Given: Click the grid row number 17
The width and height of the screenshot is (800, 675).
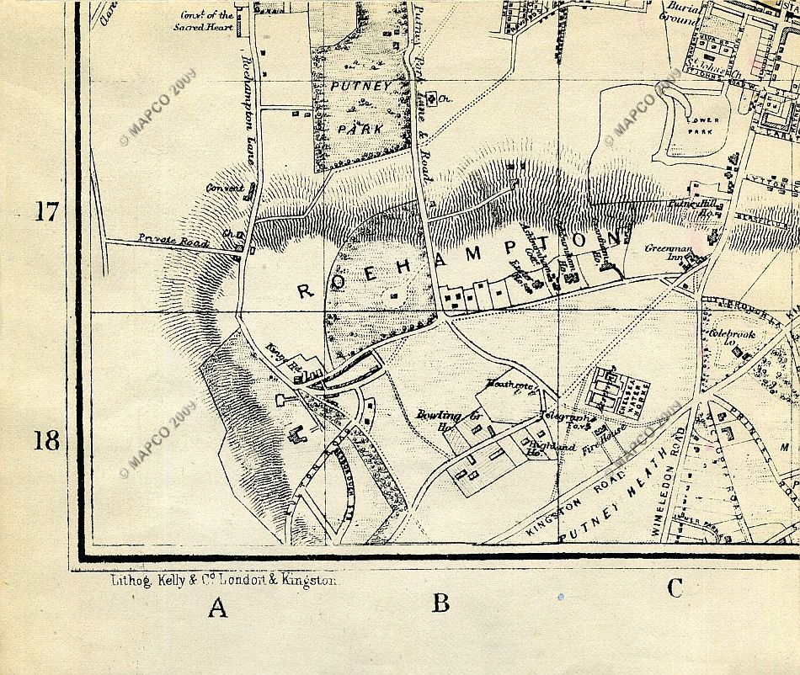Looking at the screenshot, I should [x=46, y=210].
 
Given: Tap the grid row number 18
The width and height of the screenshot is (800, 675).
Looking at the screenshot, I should [x=46, y=439].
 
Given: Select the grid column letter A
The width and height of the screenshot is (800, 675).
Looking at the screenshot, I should [x=219, y=608].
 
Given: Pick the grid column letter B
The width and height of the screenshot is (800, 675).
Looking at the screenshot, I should [x=440, y=603].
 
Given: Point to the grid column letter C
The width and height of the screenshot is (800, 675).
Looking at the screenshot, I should [x=675, y=589].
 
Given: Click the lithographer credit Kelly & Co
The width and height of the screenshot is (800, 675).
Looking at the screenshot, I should [x=224, y=580].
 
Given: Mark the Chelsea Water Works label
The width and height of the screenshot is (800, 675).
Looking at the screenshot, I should [x=624, y=390].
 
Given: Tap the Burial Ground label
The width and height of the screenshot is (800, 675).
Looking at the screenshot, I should [x=678, y=12].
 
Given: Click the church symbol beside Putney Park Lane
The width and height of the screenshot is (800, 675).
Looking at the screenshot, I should [x=432, y=100].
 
